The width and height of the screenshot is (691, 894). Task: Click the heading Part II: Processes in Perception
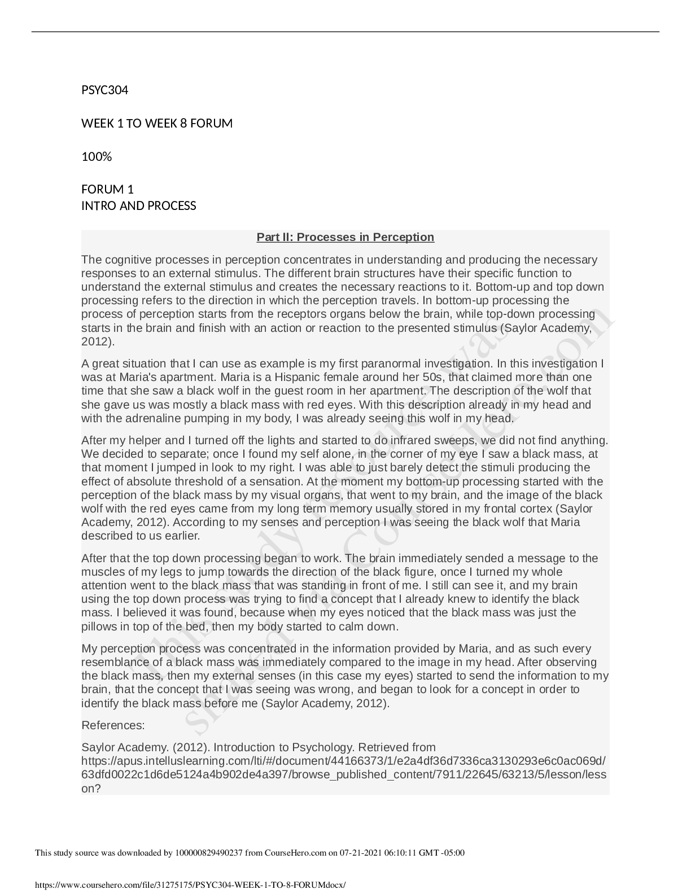pos(345,237)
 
